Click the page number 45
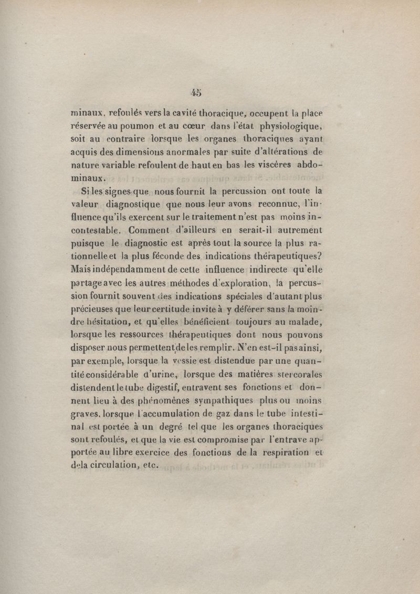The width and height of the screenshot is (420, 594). [197, 93]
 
